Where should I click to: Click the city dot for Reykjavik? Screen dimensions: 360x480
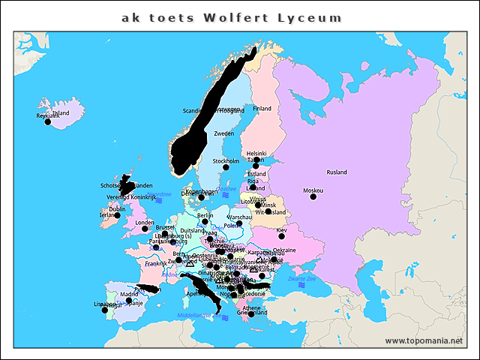[x=48, y=121]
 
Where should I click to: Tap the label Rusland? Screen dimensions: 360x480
[x=337, y=172]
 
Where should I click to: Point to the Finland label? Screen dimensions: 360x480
[x=262, y=109]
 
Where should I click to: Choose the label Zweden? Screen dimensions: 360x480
[x=223, y=133]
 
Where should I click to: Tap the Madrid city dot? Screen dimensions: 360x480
[x=129, y=300]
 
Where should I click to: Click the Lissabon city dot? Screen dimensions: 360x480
[x=104, y=310]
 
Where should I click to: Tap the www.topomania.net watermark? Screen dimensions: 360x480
[x=424, y=341]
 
